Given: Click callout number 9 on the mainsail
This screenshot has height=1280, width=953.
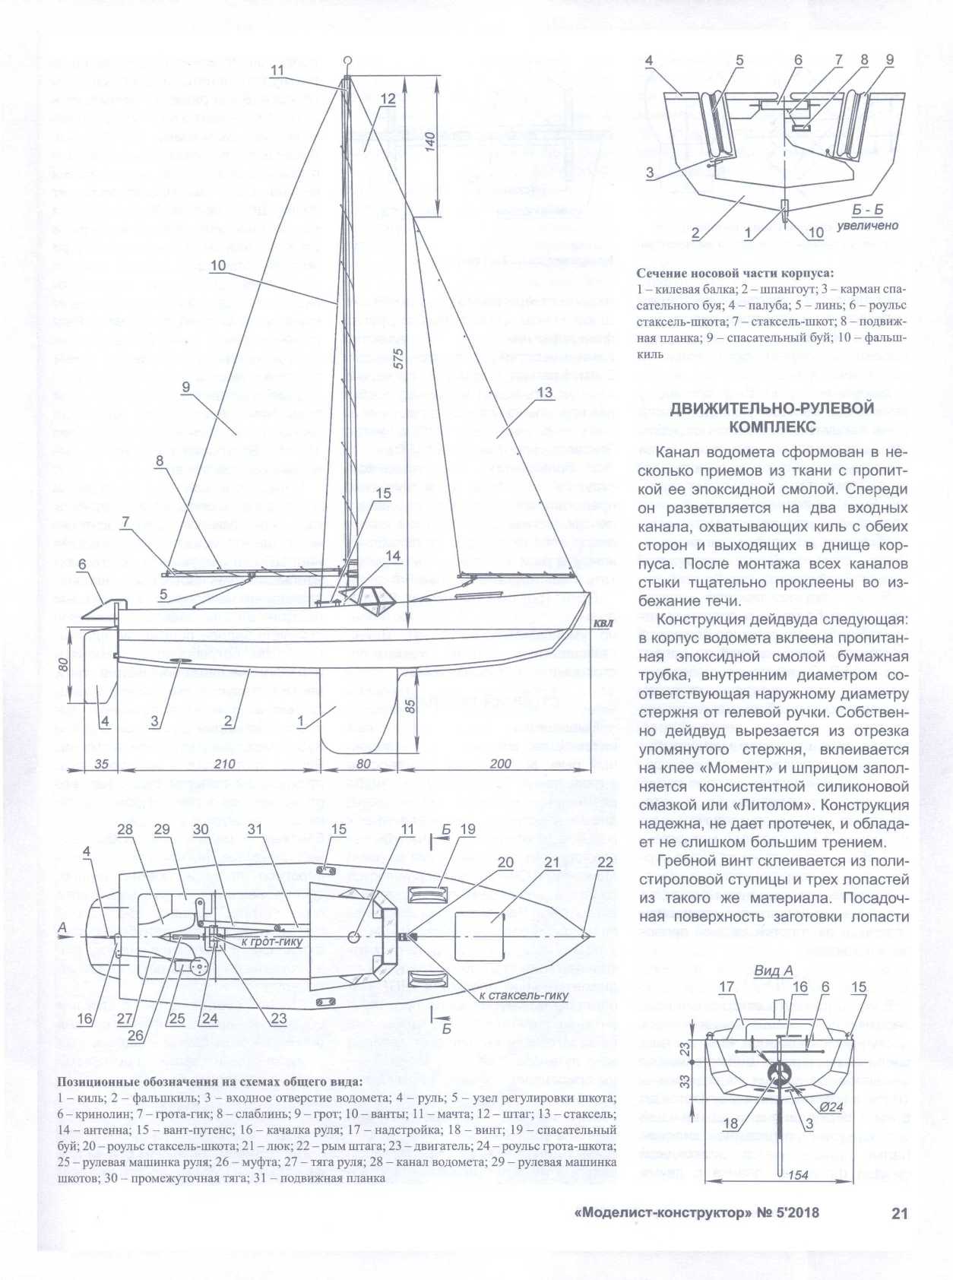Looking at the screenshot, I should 186,387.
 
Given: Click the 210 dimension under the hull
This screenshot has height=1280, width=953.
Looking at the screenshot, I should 225,763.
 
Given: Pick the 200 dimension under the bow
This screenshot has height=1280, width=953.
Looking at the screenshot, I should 501,763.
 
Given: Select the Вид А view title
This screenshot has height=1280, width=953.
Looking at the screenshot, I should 774,971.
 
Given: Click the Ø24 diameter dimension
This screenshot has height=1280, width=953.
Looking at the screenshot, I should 832,1107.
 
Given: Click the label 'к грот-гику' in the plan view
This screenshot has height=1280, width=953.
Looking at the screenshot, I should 271,942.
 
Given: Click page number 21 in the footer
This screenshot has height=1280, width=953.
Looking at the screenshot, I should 899,1212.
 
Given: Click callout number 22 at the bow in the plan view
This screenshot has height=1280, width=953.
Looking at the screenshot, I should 605,862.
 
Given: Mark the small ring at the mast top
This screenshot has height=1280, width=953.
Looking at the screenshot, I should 347,60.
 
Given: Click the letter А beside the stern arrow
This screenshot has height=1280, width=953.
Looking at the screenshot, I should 62,927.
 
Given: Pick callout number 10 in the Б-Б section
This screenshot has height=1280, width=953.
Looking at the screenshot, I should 815,233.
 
